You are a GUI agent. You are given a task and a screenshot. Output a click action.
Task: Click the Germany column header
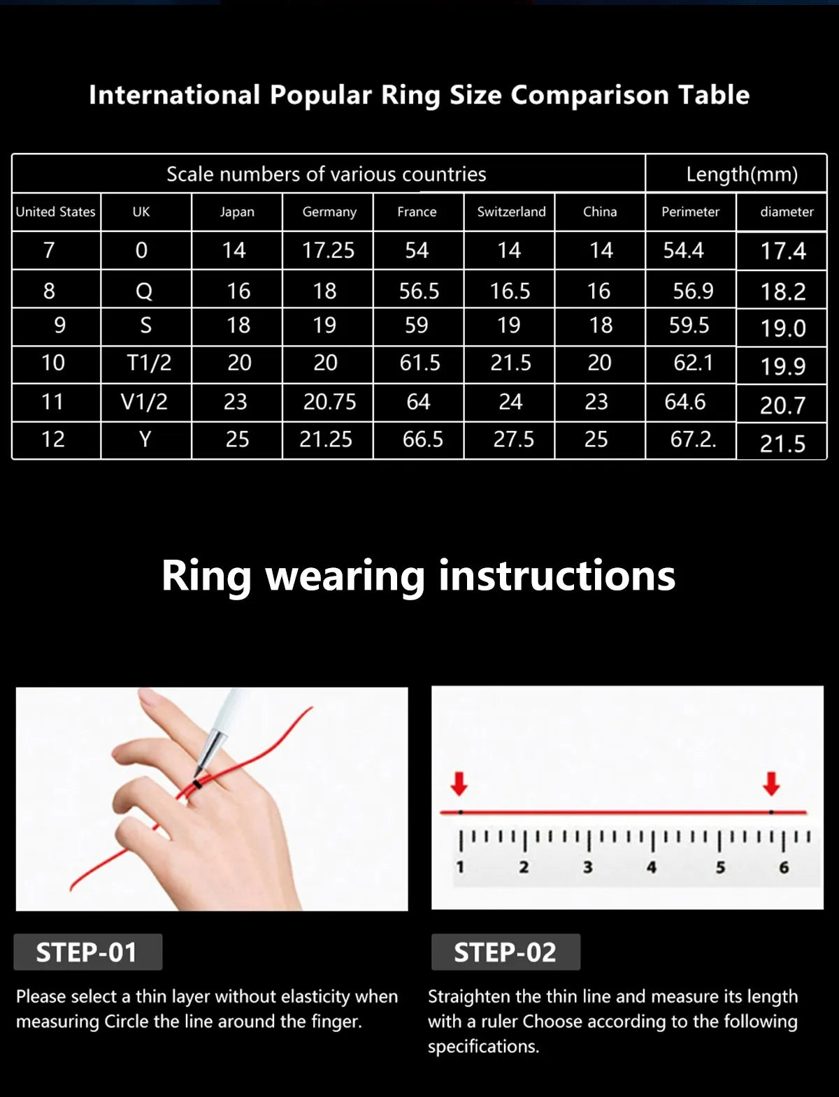click(x=329, y=212)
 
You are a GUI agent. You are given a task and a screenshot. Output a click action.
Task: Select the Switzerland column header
click(x=511, y=212)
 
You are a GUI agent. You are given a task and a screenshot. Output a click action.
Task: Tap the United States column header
click(x=55, y=212)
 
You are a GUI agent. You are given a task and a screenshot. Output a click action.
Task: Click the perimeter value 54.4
click(x=683, y=250)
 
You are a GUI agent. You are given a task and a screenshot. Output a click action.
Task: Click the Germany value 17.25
click(x=328, y=250)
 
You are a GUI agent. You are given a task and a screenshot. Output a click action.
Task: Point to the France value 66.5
click(x=422, y=439)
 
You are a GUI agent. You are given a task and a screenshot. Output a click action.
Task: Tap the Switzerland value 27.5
click(x=513, y=439)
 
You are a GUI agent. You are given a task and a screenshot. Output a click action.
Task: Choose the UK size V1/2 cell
click(x=144, y=402)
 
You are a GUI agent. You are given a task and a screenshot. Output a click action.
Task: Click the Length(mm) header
click(x=741, y=174)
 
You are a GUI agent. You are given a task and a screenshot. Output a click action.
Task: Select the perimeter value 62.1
click(x=693, y=363)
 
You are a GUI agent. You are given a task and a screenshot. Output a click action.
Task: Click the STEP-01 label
click(x=87, y=952)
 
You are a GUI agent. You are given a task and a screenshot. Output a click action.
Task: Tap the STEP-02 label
click(x=505, y=952)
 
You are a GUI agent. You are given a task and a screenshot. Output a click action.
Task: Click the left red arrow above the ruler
click(x=459, y=784)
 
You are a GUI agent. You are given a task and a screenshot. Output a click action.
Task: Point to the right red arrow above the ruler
click(x=771, y=784)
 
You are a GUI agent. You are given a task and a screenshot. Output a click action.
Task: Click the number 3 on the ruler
click(x=587, y=867)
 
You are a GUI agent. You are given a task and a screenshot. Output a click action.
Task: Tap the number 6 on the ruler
click(x=784, y=867)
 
